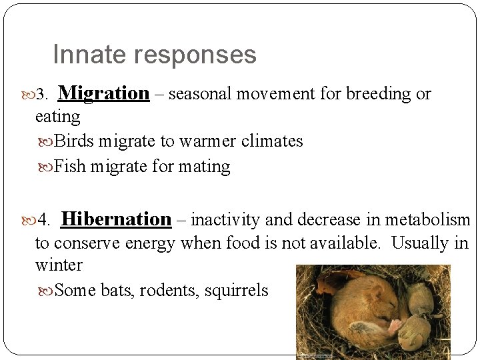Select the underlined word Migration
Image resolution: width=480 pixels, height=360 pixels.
108,93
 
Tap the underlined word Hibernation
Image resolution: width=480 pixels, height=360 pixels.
117,219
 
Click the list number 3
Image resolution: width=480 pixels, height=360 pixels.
43,95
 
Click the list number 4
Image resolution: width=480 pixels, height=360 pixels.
44,220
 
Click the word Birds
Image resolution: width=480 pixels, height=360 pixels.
73,141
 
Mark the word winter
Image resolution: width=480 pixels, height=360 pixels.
59,265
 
